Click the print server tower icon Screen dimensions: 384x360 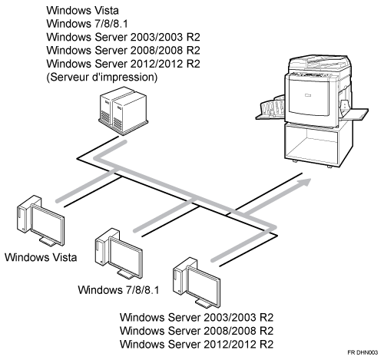click(124, 111)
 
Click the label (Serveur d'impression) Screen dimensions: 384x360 click(102, 77)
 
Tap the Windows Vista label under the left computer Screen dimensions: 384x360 click(41, 257)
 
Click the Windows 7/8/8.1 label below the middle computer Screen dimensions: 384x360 click(118, 290)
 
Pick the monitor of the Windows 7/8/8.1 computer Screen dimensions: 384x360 click(126, 258)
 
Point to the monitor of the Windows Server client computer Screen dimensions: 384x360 click(204, 287)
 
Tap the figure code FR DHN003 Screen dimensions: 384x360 click(362, 352)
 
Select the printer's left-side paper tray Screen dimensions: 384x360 click(271, 110)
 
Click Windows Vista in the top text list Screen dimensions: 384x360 click(82, 11)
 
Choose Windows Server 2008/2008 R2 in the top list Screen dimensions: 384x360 click(123, 50)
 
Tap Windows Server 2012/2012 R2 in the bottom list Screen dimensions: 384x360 click(197, 344)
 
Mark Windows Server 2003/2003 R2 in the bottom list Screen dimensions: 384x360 click(197, 317)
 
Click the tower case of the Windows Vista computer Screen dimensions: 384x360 click(25, 214)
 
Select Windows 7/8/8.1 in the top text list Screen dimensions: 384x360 click(87, 24)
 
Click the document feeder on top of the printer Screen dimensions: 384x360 click(319, 64)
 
